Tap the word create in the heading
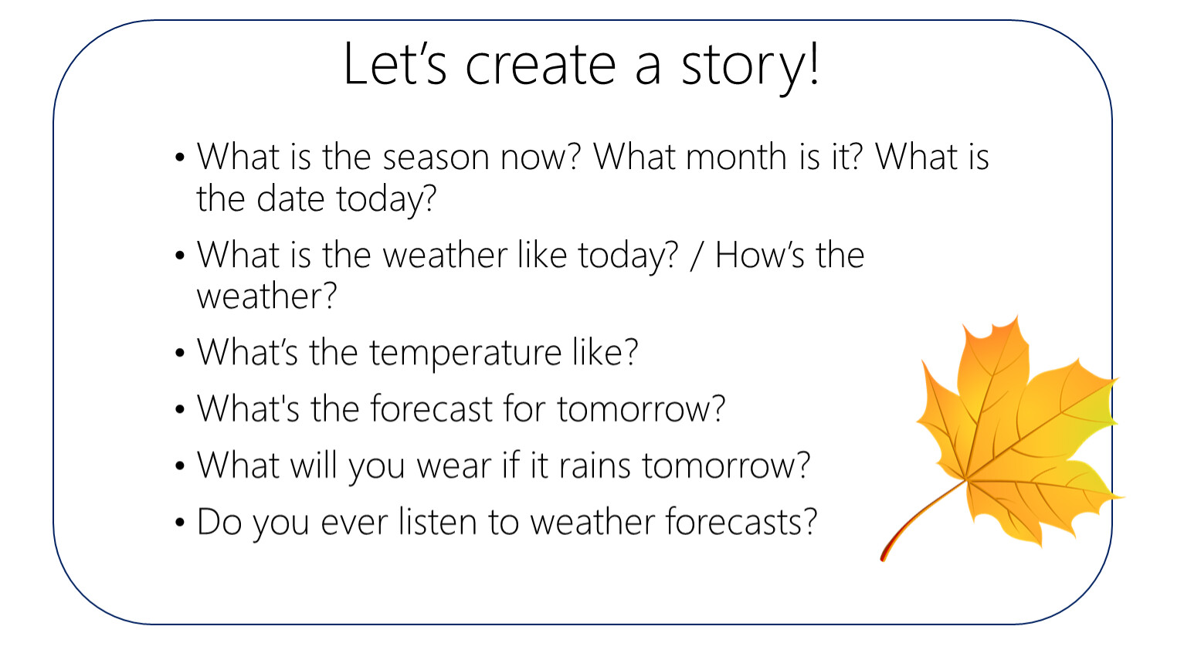(x=541, y=65)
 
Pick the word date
(x=290, y=198)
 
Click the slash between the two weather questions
(x=696, y=256)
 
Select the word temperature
(x=465, y=353)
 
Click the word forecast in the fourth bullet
(x=431, y=408)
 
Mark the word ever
(x=354, y=523)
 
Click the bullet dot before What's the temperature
(x=180, y=353)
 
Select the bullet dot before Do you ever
(x=180, y=523)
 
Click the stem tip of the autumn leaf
(x=882, y=558)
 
